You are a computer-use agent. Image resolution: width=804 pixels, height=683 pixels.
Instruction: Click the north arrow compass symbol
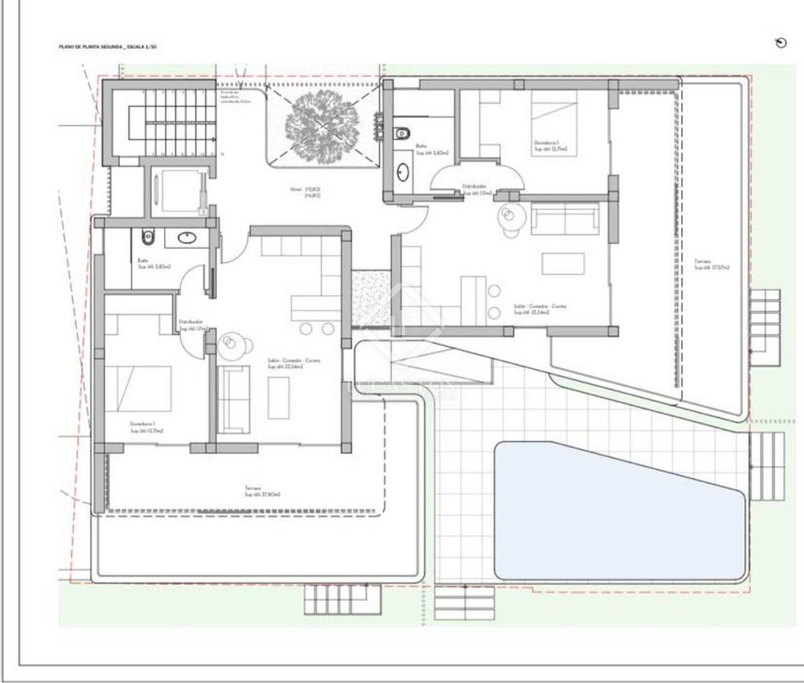point(779,43)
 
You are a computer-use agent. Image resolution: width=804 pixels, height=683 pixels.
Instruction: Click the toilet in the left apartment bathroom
point(147,237)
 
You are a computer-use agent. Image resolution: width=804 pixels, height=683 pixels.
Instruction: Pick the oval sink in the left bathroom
point(187,237)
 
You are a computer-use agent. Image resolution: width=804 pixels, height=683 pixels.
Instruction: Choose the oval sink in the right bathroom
point(402,170)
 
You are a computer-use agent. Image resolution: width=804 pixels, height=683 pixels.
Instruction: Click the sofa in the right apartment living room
point(565,219)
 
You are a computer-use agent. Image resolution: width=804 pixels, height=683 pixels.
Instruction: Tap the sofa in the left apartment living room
point(235,399)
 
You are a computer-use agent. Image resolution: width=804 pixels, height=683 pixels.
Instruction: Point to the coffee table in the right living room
point(563,264)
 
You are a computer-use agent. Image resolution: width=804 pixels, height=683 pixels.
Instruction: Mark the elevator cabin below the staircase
point(175,190)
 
